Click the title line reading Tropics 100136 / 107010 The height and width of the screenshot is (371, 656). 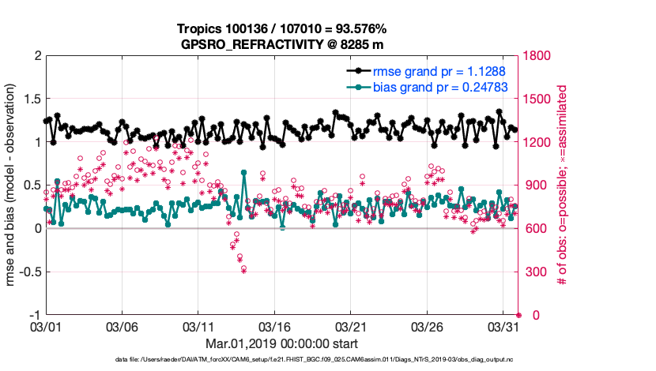281,30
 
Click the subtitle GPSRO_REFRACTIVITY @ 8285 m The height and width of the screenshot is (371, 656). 281,44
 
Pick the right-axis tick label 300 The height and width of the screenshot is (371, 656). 536,272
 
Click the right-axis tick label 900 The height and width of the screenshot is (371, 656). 536,185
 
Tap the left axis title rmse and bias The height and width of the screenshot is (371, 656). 12,185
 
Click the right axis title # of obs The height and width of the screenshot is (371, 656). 563,185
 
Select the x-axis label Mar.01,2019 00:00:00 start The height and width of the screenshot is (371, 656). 281,343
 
